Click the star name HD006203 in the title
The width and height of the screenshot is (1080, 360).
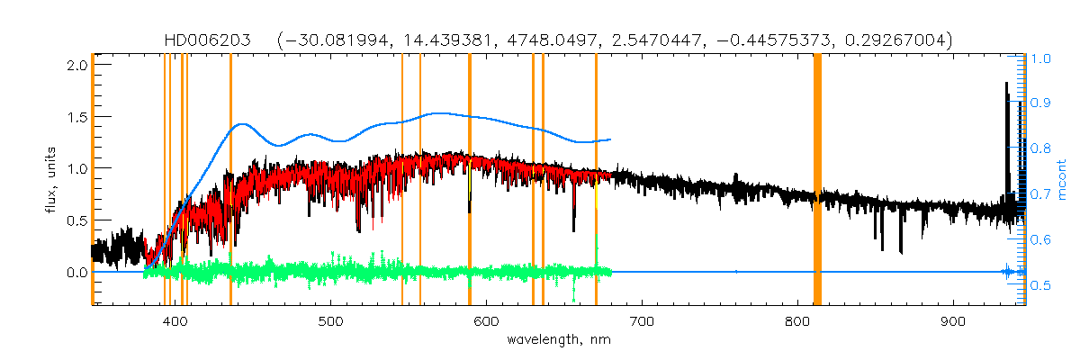[x=209, y=40]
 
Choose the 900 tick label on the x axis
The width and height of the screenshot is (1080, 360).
[x=953, y=322]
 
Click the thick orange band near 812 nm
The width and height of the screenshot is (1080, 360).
[x=817, y=180]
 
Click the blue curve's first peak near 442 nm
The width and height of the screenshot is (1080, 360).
[x=239, y=124]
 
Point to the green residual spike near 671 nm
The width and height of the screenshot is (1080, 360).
[x=596, y=247]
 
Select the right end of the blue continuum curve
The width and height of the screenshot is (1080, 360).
[x=611, y=139]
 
